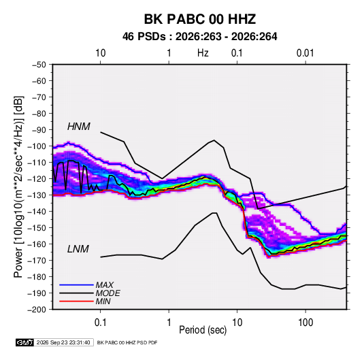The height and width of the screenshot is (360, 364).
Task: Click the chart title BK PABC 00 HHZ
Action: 200,19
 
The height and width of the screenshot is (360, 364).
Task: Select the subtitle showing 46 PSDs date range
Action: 199,37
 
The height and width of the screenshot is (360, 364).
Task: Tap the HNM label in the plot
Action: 79,127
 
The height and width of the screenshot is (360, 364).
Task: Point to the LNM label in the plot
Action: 78,249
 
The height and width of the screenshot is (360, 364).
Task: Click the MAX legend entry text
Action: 105,285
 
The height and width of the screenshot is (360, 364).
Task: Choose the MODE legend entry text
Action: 107,293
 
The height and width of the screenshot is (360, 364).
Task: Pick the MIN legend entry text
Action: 103,301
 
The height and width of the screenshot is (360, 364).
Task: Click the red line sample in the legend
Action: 76,301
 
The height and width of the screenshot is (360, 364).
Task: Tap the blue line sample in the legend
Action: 76,284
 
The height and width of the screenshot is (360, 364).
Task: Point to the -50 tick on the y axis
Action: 39,65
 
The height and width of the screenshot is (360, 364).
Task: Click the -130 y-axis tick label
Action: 37,195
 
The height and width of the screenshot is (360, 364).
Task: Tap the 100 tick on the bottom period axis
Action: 305,323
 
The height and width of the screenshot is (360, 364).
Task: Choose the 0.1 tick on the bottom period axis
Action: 100,323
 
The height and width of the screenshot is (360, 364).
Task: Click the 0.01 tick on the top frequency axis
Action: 305,53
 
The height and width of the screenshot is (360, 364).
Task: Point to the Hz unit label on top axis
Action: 203,53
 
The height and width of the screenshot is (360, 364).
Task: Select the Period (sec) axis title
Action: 203,330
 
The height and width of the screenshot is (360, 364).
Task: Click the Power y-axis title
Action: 18,187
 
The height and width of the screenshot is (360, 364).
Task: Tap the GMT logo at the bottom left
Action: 24,342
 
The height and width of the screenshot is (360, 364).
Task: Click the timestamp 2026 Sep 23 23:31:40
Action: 63,342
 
